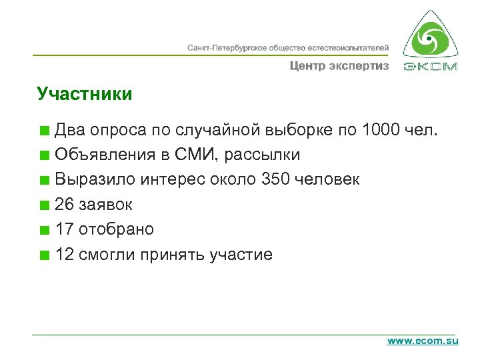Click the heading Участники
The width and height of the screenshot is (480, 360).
coord(85,94)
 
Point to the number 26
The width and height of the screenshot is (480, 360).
coord(65,205)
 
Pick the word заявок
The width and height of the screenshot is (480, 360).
coord(105,205)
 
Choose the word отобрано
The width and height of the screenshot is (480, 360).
coord(116,229)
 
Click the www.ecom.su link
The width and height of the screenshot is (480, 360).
coord(423,341)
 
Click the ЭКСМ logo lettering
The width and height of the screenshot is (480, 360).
coord(431,67)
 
